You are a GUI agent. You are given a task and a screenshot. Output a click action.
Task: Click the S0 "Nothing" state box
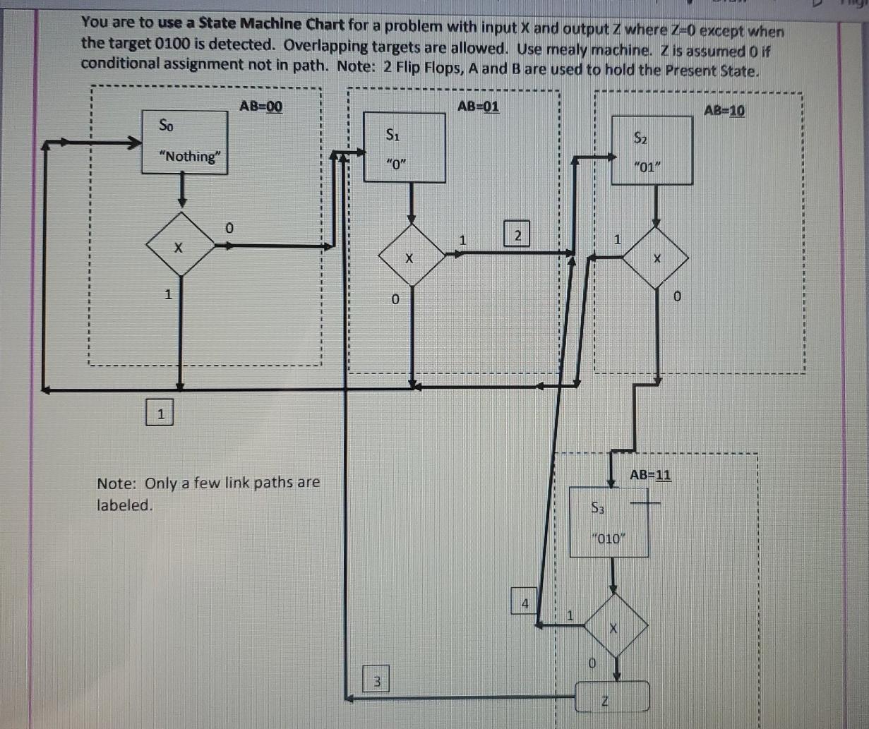(x=184, y=141)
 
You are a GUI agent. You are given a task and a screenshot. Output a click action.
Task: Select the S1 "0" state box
(x=404, y=147)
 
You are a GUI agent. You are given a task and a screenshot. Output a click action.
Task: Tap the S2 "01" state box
(x=651, y=150)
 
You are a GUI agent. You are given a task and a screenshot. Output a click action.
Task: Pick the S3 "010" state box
(x=609, y=522)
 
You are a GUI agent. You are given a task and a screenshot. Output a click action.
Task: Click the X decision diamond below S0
(x=180, y=246)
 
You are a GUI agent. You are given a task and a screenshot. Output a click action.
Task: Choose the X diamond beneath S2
(x=657, y=258)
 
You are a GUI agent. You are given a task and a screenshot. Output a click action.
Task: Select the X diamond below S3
(x=614, y=626)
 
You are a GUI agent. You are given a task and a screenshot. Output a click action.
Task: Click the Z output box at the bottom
(x=611, y=697)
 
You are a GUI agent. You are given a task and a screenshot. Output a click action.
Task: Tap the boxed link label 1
(x=160, y=413)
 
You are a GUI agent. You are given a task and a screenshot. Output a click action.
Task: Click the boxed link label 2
(x=517, y=234)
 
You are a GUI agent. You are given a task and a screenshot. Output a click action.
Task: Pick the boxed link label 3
(x=376, y=681)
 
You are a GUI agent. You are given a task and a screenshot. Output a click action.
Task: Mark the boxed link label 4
(x=524, y=601)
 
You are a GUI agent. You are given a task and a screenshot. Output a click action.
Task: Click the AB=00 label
(x=260, y=106)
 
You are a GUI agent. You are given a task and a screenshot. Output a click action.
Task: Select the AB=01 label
(x=478, y=106)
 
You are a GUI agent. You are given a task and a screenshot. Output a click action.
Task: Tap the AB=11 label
(x=650, y=474)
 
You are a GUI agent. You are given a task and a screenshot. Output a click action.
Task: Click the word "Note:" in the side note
(x=117, y=483)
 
